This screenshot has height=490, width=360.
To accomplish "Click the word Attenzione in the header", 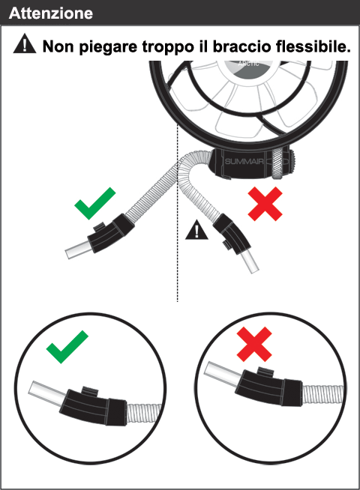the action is click(51, 13).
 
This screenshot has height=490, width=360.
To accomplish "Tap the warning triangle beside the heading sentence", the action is click(25, 43).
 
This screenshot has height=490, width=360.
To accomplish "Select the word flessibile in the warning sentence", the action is click(313, 46).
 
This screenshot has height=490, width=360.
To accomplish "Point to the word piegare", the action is click(108, 47).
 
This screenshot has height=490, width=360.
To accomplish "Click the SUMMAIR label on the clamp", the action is click(244, 161).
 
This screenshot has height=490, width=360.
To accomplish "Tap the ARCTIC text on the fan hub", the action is click(248, 64).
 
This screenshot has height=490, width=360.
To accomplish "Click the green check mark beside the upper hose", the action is click(95, 203).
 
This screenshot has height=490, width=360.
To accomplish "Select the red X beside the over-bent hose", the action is click(265, 204).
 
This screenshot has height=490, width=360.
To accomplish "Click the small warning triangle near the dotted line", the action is click(196, 230).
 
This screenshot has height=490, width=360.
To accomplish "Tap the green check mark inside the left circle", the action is click(67, 347).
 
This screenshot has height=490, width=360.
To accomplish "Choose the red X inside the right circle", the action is click(254, 344).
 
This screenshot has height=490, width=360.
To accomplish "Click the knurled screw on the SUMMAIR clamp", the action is click(277, 163).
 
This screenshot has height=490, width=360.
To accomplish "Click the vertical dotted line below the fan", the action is click(177, 213).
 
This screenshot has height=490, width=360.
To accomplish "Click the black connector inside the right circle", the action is click(269, 387).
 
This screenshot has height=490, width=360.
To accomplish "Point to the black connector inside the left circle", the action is click(93, 406).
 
